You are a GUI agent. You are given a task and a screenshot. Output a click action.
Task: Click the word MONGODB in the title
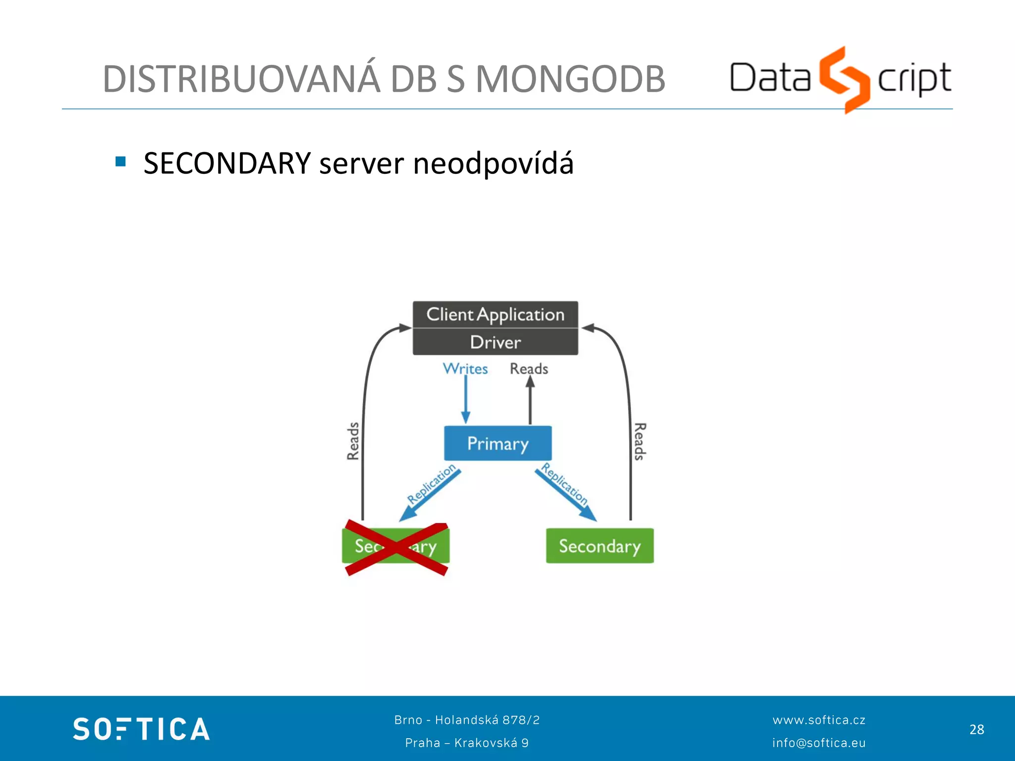tap(570, 79)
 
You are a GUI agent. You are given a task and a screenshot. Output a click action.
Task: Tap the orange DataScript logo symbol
tap(844, 79)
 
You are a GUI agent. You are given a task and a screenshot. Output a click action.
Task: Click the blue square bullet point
tap(120, 162)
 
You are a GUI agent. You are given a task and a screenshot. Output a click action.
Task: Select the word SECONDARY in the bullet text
tap(227, 163)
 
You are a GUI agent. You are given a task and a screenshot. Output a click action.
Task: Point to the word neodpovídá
tap(493, 163)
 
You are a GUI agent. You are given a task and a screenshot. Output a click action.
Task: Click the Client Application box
tap(495, 315)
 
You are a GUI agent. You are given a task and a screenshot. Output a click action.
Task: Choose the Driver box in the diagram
tap(495, 342)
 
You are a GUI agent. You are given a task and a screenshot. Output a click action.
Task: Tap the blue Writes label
tap(465, 369)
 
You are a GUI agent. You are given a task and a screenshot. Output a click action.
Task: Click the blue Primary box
tap(498, 443)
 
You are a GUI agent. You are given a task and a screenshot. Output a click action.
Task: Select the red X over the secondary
tap(396, 547)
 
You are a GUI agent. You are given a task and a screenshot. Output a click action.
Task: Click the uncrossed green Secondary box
tap(600, 546)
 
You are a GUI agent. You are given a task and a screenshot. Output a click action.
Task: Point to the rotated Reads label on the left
tap(353, 441)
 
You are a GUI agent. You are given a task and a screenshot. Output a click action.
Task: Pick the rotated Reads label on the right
tap(640, 441)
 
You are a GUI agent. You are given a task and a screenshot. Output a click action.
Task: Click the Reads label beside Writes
tap(529, 369)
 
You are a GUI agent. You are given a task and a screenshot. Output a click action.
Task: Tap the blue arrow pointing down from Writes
tap(466, 399)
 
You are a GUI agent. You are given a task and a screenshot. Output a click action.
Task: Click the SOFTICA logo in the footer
tap(141, 729)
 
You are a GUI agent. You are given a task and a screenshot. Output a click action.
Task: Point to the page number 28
tap(976, 730)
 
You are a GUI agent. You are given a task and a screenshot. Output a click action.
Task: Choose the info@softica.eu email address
tap(819, 743)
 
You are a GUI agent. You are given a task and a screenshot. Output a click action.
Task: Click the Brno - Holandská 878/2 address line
tap(467, 720)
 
